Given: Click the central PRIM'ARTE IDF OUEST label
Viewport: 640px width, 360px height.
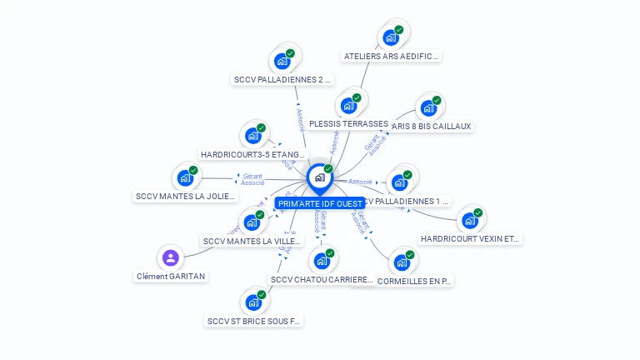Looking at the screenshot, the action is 320,203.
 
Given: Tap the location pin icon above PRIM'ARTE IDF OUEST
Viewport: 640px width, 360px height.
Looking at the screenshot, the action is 320,177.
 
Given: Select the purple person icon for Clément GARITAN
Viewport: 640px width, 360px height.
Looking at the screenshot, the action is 170,257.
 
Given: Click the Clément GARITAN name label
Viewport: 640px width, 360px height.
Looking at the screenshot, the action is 171,276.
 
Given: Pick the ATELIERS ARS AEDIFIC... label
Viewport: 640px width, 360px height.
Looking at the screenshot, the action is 391,57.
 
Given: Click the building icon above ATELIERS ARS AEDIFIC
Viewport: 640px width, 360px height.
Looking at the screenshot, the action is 390,37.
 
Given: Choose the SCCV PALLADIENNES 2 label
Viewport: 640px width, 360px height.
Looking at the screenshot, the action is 282,80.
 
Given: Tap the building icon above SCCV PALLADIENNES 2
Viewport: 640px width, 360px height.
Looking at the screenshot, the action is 282,60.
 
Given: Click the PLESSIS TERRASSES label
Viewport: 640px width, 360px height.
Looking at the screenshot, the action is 348,123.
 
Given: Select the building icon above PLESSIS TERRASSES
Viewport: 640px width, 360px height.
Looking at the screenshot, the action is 348,106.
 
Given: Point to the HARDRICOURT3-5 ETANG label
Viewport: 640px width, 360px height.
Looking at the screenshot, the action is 253,154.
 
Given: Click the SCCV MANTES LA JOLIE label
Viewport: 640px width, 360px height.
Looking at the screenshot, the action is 186,197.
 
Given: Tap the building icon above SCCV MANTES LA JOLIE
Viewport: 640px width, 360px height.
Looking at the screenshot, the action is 185,177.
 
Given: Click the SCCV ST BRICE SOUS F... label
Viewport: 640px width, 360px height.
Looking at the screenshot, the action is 253,321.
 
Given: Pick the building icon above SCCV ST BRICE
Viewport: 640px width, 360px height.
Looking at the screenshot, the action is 252,302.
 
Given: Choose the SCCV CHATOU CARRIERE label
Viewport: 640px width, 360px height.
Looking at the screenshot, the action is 321,280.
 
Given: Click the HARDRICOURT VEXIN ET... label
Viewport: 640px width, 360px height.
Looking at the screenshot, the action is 470,238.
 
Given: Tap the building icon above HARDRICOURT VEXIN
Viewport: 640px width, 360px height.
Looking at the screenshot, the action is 470,220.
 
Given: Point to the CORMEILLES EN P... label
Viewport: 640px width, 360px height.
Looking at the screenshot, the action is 414,282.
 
